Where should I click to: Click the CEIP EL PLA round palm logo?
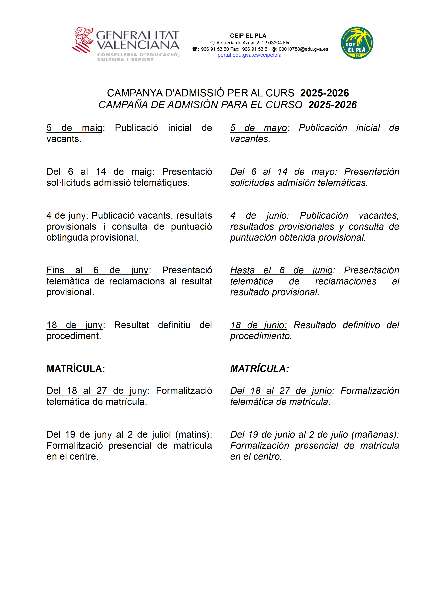pyautogui.click(x=357, y=43)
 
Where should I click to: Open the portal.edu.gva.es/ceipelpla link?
pyautogui.click(x=249, y=55)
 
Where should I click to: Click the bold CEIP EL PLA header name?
pyautogui.click(x=248, y=36)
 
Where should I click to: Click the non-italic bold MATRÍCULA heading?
pyautogui.click(x=76, y=369)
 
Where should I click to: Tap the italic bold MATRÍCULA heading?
pyautogui.click(x=259, y=369)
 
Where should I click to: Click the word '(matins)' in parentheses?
pyautogui.click(x=192, y=435)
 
